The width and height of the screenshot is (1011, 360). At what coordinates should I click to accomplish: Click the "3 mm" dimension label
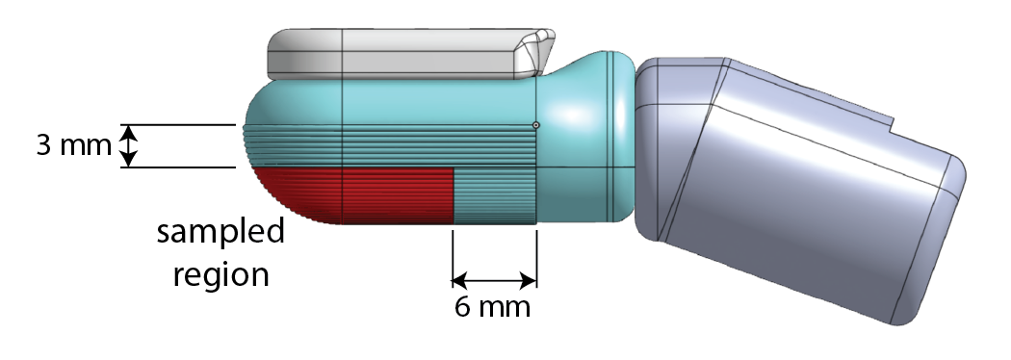coord(65,147)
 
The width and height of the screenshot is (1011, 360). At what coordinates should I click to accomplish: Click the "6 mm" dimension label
coord(493,309)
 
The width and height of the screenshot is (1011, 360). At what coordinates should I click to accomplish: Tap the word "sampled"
coord(221,233)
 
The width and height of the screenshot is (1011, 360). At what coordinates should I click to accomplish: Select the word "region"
coord(221,274)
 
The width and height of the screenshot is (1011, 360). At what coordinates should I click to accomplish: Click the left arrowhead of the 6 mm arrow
coord(460,281)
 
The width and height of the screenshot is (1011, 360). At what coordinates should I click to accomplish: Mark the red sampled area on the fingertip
coord(366,194)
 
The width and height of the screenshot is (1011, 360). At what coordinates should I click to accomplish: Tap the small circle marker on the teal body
coord(536,124)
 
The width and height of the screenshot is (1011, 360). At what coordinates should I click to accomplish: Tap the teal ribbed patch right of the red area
coord(495,194)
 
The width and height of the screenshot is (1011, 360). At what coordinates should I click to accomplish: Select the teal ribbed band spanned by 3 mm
coord(385,146)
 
